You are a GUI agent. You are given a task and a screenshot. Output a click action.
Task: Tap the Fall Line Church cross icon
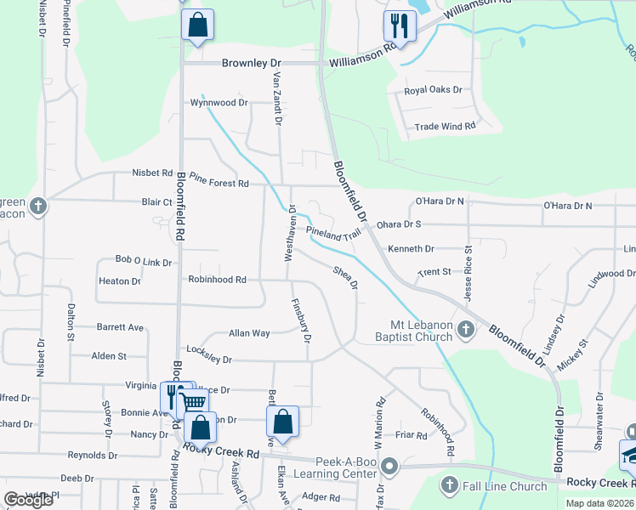pyautogui.click(x=450, y=485)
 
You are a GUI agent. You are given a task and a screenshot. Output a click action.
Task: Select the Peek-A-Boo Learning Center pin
pyautogui.click(x=389, y=466)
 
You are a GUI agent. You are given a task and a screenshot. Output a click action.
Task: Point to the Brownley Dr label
pyautogui.click(x=251, y=63)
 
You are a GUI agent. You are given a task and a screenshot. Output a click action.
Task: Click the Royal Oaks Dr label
pyautogui.click(x=433, y=89)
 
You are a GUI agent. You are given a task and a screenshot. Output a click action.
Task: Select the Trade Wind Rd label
pyautogui.click(x=444, y=127)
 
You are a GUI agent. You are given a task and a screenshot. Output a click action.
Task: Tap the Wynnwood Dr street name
pyautogui.click(x=219, y=103)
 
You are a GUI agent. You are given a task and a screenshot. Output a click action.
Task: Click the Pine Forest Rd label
pyautogui.click(x=219, y=183)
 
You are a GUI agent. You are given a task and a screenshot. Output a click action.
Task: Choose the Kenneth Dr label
pyautogui.click(x=411, y=249)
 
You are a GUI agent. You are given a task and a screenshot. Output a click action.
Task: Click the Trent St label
pyautogui.click(x=434, y=273)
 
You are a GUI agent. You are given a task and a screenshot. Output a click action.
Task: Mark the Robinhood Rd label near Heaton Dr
pyautogui.click(x=218, y=279)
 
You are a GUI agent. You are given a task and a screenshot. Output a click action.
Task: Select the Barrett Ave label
pyautogui.click(x=120, y=326)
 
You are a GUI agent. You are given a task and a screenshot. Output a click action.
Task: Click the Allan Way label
pyautogui.click(x=249, y=333)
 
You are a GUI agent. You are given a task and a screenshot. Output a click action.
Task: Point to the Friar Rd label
pyautogui.click(x=411, y=434)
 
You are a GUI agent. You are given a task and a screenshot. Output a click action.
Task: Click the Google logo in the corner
pyautogui.click(x=29, y=500)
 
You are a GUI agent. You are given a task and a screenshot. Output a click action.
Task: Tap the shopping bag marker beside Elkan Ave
pyautogui.click(x=282, y=421)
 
